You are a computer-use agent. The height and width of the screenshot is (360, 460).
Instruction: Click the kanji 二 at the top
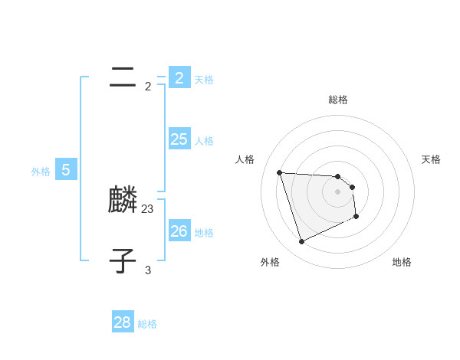pos(123,77)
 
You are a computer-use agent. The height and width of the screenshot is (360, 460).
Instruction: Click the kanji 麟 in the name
pos(123,201)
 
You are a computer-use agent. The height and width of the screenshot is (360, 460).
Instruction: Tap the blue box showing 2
pos(179,77)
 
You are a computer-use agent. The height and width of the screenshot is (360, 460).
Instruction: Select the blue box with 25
pos(179,139)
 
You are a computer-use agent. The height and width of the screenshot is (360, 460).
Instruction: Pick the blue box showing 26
pos(179,231)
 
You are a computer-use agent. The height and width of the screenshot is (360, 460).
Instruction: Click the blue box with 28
pos(123,322)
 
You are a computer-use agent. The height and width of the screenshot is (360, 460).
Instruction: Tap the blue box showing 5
pos(66,169)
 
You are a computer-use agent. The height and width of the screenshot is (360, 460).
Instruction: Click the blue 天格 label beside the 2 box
pos(204,79)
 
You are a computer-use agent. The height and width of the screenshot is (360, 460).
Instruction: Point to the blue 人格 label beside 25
pos(204,141)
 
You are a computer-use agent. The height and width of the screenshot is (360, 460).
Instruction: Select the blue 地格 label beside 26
pos(204,233)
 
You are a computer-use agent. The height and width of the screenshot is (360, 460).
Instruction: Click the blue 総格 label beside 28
pos(147,324)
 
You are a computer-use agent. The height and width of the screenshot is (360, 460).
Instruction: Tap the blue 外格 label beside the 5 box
pos(41,172)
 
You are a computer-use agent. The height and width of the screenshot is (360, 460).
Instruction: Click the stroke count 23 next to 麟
pos(148,208)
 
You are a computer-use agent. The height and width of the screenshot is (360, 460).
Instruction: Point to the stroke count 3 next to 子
pos(148,270)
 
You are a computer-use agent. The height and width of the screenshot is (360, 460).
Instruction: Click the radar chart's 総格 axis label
pos(338,100)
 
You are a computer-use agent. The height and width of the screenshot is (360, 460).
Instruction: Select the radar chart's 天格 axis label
pos(432,159)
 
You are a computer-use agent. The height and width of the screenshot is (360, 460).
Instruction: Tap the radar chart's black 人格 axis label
pos(245,159)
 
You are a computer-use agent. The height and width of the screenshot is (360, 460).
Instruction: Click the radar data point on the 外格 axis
pos(301,242)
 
